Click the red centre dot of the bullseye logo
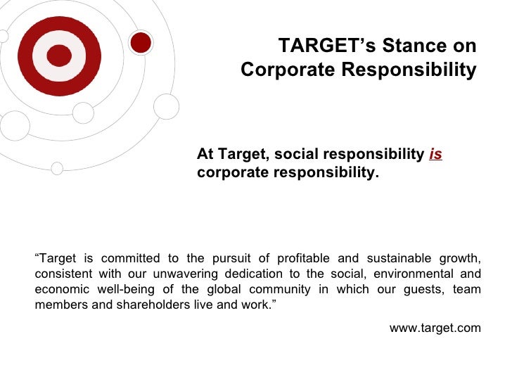[59, 56]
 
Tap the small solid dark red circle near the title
[142, 42]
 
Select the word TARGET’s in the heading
[318, 46]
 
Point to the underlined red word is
[435, 155]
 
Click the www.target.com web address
[435, 328]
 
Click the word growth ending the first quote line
[461, 257]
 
